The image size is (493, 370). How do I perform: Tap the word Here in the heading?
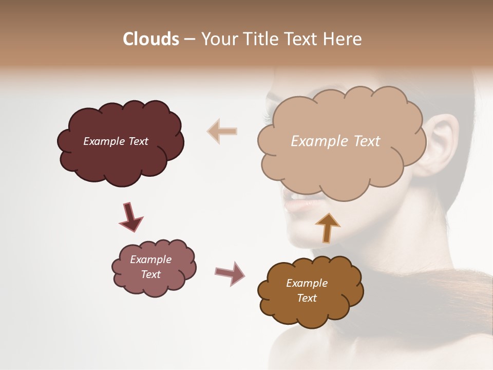[x=343, y=39]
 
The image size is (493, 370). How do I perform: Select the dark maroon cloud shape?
[x=120, y=159]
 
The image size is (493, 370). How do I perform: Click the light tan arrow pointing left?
[x=222, y=131]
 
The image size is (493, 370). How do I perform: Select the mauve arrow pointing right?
[x=230, y=273]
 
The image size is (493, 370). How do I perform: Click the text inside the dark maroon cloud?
[x=116, y=141]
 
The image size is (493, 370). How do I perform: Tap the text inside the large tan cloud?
[x=335, y=141]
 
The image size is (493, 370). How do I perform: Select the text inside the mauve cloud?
[x=150, y=267]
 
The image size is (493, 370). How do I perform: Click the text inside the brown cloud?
[x=307, y=290]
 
